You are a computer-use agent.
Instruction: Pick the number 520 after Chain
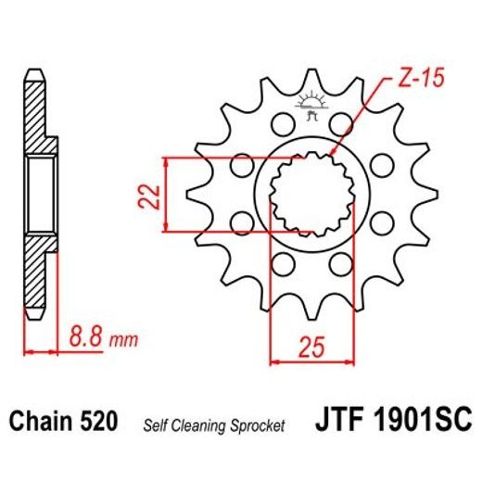click(x=99, y=423)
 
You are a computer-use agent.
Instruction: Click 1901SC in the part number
click(x=422, y=423)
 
